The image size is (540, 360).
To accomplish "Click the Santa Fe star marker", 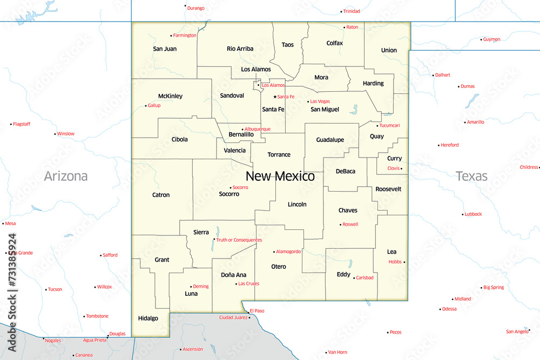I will [275, 97].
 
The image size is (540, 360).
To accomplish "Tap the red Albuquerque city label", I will [258, 130].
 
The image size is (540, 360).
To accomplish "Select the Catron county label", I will [161, 195].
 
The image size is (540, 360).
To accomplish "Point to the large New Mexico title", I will [280, 176].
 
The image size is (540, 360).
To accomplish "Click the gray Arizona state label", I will [65, 176].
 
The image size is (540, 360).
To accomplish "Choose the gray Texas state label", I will [471, 176].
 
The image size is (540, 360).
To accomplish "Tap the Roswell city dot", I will [340, 225].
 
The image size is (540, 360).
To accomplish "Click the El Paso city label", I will [257, 311].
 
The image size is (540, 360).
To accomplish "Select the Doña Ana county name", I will [233, 275].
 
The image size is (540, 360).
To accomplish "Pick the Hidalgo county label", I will [148, 318].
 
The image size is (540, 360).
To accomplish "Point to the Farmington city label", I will [185, 36].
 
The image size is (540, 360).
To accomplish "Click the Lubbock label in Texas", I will [473, 214].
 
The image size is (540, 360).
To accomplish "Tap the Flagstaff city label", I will [22, 124].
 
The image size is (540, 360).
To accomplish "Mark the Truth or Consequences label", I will [239, 240].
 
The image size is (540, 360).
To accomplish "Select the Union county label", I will [389, 50].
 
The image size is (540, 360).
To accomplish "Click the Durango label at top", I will [196, 8].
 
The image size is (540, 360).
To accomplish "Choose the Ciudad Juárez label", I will [233, 317].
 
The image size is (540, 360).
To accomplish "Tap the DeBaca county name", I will [346, 171].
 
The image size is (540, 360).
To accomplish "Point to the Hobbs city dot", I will [404, 262].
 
